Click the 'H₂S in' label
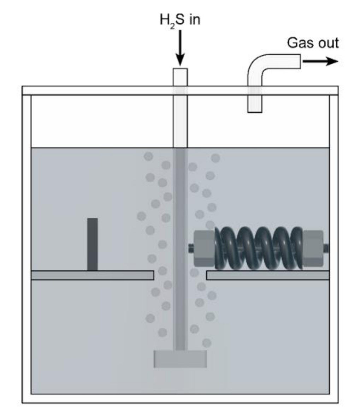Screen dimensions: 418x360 180,20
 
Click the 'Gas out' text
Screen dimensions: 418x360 313,43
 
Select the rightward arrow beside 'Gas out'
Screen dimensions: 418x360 320,62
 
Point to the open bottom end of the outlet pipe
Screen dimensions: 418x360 255,111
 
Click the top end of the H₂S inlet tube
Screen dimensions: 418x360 180,71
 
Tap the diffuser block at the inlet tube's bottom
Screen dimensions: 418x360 180,359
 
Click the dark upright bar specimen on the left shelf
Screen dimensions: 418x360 93,244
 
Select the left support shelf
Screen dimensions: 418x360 92,275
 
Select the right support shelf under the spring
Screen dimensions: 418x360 267,275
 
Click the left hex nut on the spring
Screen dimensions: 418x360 204,248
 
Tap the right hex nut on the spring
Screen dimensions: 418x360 313,248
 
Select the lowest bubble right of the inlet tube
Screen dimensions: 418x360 207,343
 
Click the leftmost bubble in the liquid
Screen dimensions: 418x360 141,216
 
